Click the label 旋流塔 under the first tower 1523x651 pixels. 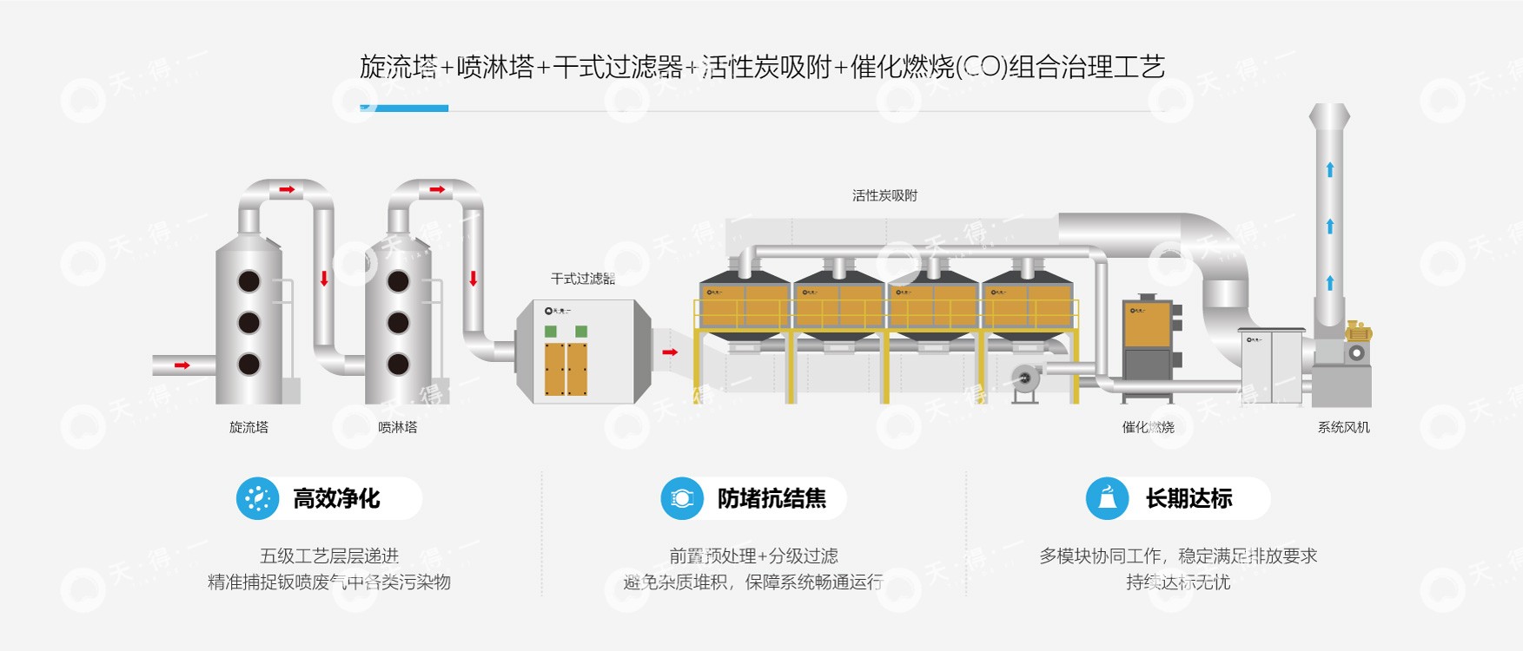point(248,427)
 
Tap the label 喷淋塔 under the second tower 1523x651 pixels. point(397,427)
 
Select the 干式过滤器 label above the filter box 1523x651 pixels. point(582,279)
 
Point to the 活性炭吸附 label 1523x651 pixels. point(884,195)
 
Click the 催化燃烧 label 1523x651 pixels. point(1148,427)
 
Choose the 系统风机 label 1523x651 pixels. point(1343,427)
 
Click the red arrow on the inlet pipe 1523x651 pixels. point(182,365)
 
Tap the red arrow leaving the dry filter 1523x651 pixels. point(670,352)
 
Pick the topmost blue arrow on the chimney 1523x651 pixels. point(1329,169)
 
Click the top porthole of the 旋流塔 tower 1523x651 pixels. point(249,281)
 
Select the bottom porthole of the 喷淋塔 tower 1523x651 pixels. point(398,365)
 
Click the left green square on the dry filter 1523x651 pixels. point(550,332)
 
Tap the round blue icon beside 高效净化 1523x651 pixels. point(257,498)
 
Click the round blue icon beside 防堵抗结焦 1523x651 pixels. point(682,498)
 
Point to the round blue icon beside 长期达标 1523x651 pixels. point(1107,498)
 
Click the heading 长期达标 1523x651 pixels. point(1189,498)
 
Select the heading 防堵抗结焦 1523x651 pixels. point(771,498)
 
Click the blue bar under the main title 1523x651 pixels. point(404,108)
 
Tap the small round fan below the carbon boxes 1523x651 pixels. point(1026,378)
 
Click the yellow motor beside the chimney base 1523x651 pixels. point(1357,332)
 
